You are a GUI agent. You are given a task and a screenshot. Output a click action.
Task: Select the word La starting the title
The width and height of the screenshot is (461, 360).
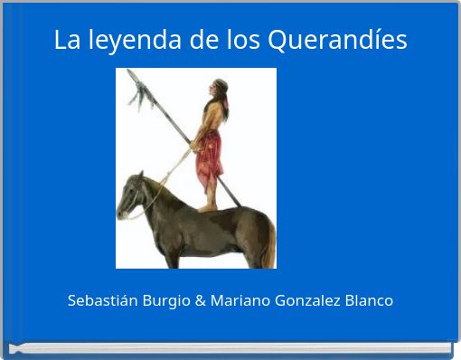click(66, 41)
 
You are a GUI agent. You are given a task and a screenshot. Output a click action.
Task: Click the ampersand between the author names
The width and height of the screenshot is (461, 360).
click(200, 300)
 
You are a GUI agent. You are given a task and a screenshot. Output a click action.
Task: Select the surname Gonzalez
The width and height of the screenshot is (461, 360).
click(307, 300)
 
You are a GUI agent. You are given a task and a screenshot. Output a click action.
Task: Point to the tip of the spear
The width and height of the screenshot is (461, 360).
click(130, 72)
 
